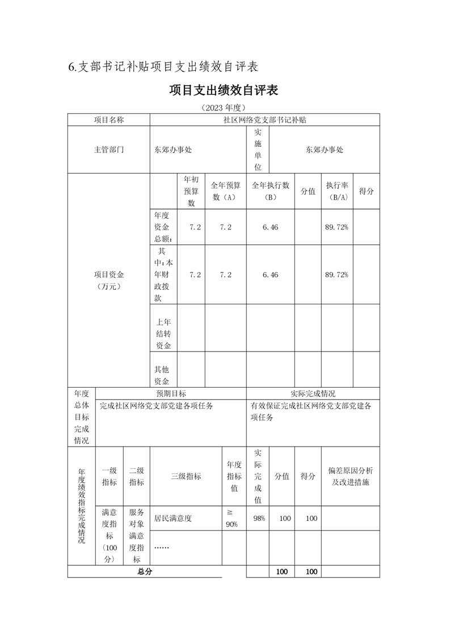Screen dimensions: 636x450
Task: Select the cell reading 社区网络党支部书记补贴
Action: click(264, 120)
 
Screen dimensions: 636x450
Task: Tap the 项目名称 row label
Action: click(109, 120)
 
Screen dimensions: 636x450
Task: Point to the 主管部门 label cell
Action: click(109, 150)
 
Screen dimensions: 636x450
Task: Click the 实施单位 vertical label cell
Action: click(258, 150)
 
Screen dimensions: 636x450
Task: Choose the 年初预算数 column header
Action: click(191, 191)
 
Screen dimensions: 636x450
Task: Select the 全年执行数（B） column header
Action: click(270, 191)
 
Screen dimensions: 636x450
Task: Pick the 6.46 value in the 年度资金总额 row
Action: click(270, 227)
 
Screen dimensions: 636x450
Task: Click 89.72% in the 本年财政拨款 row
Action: click(337, 274)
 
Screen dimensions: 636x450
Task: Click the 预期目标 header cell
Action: click(171, 393)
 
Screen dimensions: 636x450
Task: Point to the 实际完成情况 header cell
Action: click(313, 393)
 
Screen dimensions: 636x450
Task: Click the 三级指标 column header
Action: click(186, 476)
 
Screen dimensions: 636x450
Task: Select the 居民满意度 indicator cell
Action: click(173, 518)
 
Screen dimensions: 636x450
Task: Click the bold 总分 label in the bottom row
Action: click(145, 571)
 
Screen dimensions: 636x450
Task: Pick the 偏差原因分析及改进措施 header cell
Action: click(350, 476)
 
